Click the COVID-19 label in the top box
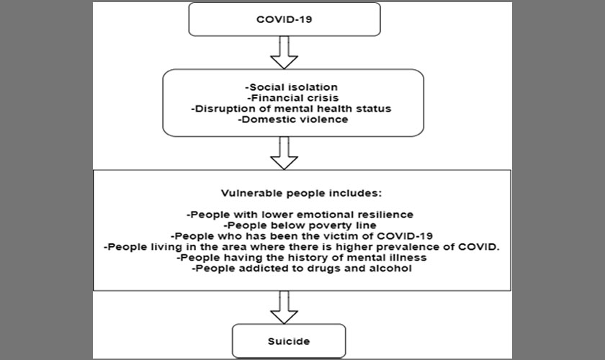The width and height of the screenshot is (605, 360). pyautogui.click(x=284, y=19)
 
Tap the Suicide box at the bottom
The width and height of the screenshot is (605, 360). pyautogui.click(x=289, y=341)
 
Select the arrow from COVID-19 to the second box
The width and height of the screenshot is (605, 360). pyautogui.click(x=284, y=53)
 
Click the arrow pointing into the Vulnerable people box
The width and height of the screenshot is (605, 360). pyautogui.click(x=284, y=153)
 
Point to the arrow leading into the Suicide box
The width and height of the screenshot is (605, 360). pyautogui.click(x=284, y=307)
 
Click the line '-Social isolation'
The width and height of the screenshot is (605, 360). pyautogui.click(x=291, y=87)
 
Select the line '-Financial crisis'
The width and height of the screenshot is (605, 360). pyautogui.click(x=293, y=98)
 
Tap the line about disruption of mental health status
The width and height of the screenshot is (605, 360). pyautogui.click(x=291, y=109)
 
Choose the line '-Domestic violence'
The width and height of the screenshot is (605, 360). pyautogui.click(x=293, y=120)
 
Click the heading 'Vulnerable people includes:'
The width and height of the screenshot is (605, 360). pyautogui.click(x=301, y=193)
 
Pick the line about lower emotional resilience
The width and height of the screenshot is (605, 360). pyautogui.click(x=300, y=215)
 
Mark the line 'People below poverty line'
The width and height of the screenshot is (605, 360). pyautogui.click(x=300, y=225)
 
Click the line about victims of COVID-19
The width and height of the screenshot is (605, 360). pyautogui.click(x=301, y=236)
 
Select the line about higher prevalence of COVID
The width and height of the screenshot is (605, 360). pyautogui.click(x=301, y=247)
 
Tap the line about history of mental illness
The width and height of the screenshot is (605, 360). pyautogui.click(x=301, y=258)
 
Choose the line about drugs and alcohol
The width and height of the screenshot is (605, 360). pyautogui.click(x=301, y=269)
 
